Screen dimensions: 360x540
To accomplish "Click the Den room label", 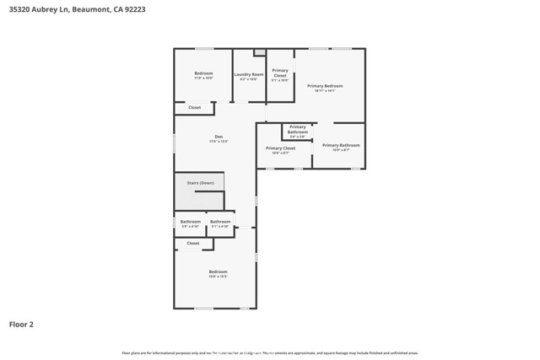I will (219, 137).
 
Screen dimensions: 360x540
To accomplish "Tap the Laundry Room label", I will (249, 74).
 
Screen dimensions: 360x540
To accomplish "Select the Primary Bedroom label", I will (325, 86).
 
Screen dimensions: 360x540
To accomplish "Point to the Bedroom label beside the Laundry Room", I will (203, 73).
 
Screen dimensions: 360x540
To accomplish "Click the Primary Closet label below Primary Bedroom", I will (280, 148).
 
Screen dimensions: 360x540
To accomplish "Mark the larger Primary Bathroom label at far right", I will (341, 145).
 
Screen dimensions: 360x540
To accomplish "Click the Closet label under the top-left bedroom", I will (194, 108).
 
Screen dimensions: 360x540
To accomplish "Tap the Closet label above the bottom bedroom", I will (193, 243).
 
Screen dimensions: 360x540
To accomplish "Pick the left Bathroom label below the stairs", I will (191, 222).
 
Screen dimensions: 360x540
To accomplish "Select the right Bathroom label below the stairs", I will (220, 222).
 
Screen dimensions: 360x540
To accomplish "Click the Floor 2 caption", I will (21, 324).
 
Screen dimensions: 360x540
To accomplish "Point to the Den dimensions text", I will (219, 142).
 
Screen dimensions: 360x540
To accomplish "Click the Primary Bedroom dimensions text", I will (325, 91).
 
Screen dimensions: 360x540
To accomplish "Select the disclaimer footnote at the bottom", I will (270, 352).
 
